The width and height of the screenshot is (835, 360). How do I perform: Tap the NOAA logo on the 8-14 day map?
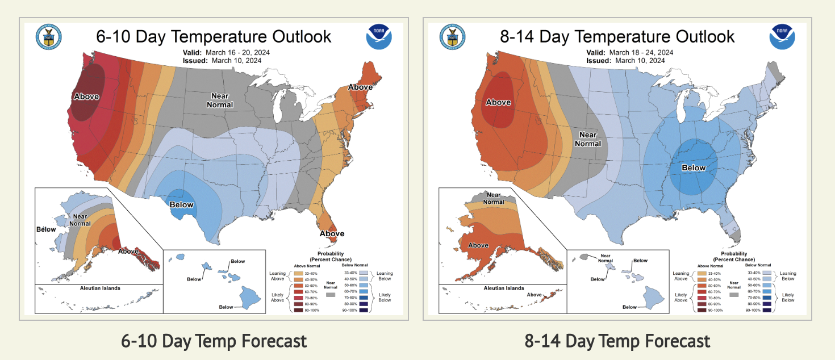point(782,37)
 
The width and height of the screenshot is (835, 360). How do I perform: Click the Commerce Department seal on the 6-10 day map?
point(48,37)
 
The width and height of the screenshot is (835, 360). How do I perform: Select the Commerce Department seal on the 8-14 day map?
point(452,37)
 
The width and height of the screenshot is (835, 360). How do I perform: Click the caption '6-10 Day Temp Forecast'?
point(214,341)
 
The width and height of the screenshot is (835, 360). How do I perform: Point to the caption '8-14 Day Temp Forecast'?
point(617,341)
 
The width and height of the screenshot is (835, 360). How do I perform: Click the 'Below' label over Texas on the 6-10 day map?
point(182,204)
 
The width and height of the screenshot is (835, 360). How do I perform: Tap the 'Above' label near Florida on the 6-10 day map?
point(332,233)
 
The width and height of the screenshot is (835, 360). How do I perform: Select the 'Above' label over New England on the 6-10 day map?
point(360,87)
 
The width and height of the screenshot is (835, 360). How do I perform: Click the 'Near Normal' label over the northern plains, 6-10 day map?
point(220,101)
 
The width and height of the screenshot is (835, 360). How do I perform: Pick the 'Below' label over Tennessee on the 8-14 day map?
point(694,168)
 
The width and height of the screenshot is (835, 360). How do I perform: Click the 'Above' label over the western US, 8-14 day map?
point(498,102)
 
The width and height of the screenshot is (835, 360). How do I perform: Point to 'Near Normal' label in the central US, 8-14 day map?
point(588,139)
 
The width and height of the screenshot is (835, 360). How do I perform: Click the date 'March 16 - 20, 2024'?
point(240,52)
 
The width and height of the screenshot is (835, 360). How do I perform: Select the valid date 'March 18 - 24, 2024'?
point(643,52)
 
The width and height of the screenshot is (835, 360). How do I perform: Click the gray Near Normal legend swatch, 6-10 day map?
point(329,295)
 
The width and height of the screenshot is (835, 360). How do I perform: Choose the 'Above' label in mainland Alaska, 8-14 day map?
point(478,245)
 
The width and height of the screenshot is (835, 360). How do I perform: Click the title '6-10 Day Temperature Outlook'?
point(214,37)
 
